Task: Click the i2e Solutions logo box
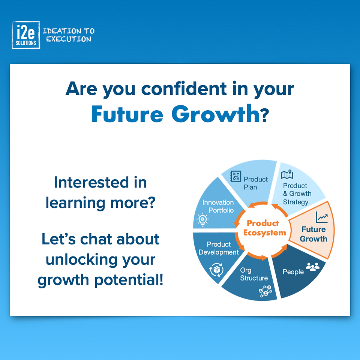26,35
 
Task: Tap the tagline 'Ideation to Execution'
69,35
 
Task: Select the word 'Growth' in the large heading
216,114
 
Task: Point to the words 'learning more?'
100,203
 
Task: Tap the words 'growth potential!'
100,280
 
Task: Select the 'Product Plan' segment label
255,183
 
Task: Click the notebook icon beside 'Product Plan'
235,176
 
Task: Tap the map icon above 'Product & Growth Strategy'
287,175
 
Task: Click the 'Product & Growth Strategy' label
297,194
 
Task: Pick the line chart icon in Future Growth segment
322,217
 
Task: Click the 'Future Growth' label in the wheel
313,234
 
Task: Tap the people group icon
313,267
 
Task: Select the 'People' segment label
293,272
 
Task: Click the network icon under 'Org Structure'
265,291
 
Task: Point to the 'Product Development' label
219,248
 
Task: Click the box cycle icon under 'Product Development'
216,270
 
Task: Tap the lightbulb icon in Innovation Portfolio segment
202,220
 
